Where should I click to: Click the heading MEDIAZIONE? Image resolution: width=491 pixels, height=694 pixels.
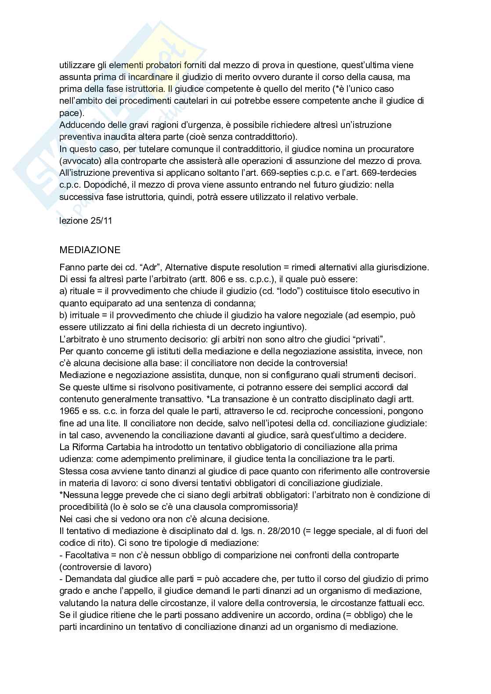pyautogui.click(x=90, y=250)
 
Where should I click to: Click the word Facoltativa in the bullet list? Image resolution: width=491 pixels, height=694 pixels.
pyautogui.click(x=83, y=555)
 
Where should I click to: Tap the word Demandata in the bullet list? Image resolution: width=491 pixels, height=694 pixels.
pyautogui.click(x=85, y=579)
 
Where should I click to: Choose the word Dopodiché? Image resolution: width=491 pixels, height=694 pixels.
pyautogui.click(x=103, y=185)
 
